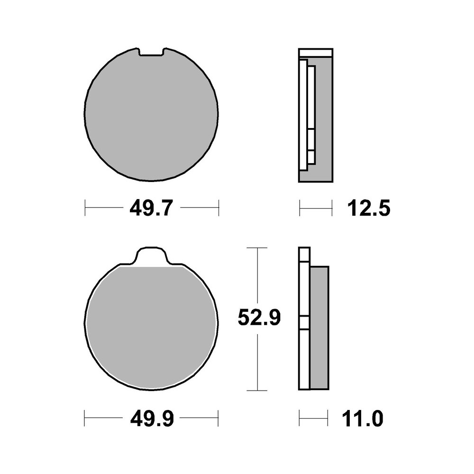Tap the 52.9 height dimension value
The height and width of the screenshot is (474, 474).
pyautogui.click(x=259, y=319)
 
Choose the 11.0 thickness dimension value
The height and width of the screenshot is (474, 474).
pyautogui.click(x=361, y=419)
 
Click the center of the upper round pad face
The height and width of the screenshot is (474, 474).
pyautogui.click(x=151, y=116)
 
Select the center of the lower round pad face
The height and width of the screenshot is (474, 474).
pyautogui.click(x=151, y=327)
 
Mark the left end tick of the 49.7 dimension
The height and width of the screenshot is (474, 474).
pyautogui.click(x=85, y=208)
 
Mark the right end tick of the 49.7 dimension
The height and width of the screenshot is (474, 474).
pyautogui.click(x=219, y=208)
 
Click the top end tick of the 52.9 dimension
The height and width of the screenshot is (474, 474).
pyautogui.click(x=257, y=248)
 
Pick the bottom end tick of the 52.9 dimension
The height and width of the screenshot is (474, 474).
pyautogui.click(x=257, y=391)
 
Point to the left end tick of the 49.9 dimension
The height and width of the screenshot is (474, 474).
pyautogui.click(x=85, y=418)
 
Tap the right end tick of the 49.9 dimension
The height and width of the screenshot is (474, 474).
pyautogui.click(x=218, y=418)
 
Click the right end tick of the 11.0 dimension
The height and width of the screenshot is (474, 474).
pyautogui.click(x=328, y=418)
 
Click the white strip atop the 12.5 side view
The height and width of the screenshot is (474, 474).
pyautogui.click(x=316, y=53)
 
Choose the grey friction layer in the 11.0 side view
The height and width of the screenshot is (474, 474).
pyautogui.click(x=319, y=327)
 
